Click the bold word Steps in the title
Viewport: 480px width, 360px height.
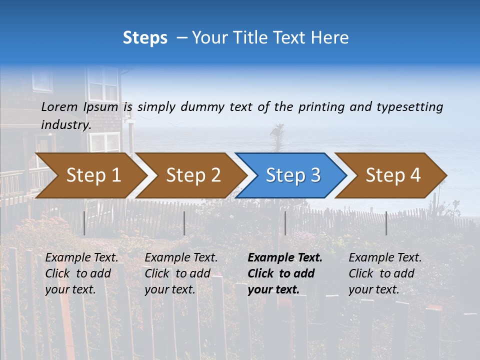(145, 37)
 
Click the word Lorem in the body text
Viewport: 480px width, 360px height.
(59, 106)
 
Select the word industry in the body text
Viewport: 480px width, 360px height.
(65, 124)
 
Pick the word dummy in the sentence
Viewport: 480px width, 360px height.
(202, 106)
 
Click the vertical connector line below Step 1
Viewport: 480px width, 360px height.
(84, 223)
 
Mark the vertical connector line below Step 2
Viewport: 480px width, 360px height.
(184, 223)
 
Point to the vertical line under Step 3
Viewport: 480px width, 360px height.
(285, 223)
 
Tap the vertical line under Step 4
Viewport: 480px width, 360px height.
(386, 223)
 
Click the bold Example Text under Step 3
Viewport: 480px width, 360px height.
(285, 258)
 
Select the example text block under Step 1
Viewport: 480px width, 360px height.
(81, 273)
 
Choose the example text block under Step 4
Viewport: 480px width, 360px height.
(385, 273)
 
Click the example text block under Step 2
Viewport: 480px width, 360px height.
(181, 273)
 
